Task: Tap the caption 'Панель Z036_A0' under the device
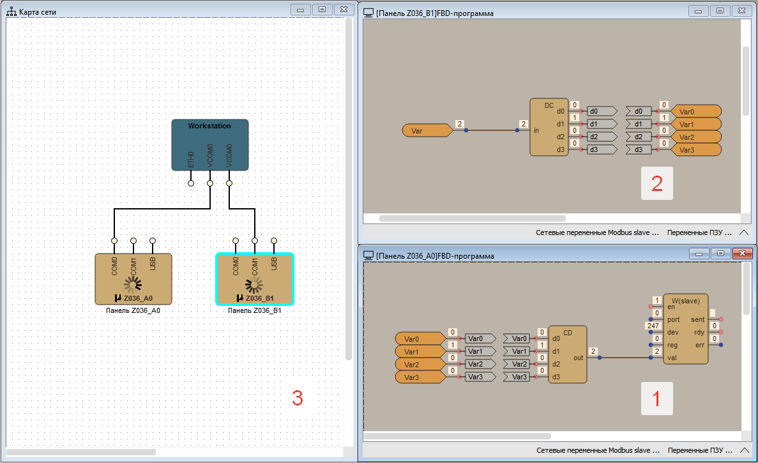pos(133,311)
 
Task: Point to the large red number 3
pos(297,398)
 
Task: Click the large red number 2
pos(656,184)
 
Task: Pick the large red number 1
pos(656,399)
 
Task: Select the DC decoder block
pos(549,128)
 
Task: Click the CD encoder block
pos(567,354)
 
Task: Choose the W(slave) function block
pos(686,329)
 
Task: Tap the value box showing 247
pos(653,326)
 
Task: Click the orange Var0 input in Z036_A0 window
pos(418,338)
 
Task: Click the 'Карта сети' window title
pos(38,12)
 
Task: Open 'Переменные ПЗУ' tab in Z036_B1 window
pos(697,233)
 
